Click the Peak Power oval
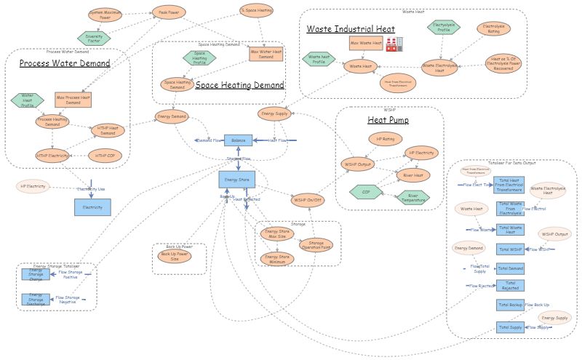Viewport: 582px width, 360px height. coord(164,12)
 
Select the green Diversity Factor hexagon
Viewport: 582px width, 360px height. coord(94,36)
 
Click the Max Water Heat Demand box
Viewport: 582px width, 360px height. coord(266,53)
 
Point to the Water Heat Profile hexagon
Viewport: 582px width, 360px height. coord(27,100)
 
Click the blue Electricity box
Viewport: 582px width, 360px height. coord(92,207)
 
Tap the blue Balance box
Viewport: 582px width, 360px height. coord(238,140)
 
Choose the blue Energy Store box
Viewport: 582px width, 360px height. coord(237,179)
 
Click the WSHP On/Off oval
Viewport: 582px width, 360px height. coord(308,199)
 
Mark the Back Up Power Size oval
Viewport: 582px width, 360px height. coord(175,257)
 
